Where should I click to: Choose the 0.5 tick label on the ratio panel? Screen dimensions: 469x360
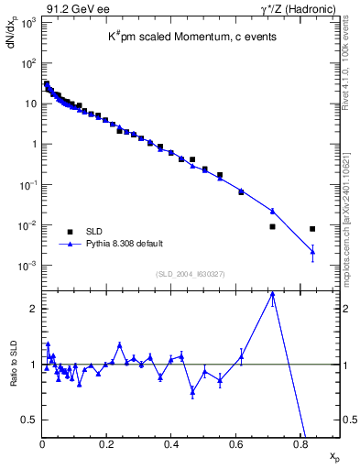[x=29, y=420]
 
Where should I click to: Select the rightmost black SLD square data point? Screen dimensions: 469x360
[x=312, y=229]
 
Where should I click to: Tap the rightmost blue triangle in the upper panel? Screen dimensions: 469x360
[x=312, y=252]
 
